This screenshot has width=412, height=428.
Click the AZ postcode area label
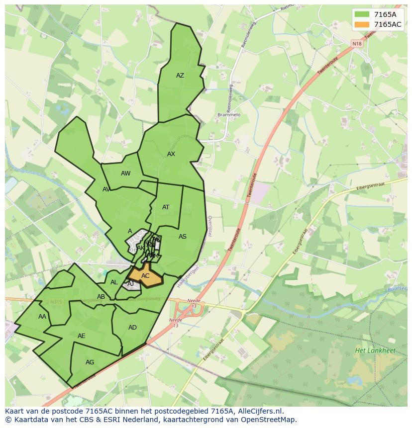(x=180, y=76)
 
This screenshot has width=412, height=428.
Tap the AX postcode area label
(x=171, y=154)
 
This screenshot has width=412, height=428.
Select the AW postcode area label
(x=125, y=173)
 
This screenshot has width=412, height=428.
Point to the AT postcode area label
(x=166, y=207)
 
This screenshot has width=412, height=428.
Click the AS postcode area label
(x=183, y=237)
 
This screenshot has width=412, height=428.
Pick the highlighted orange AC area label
(x=145, y=276)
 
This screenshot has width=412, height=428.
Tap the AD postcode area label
(x=132, y=328)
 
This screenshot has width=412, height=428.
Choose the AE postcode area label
(x=82, y=336)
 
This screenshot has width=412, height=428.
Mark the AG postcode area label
(x=90, y=362)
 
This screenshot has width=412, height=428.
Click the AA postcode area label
(x=42, y=317)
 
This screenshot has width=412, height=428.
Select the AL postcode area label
(x=114, y=282)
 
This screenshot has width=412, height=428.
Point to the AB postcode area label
(x=101, y=297)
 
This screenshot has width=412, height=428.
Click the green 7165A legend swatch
(x=362, y=14)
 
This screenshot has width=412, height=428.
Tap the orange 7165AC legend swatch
(x=362, y=24)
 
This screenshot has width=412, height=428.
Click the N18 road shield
(x=357, y=44)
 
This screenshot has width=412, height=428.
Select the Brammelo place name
(x=229, y=115)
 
